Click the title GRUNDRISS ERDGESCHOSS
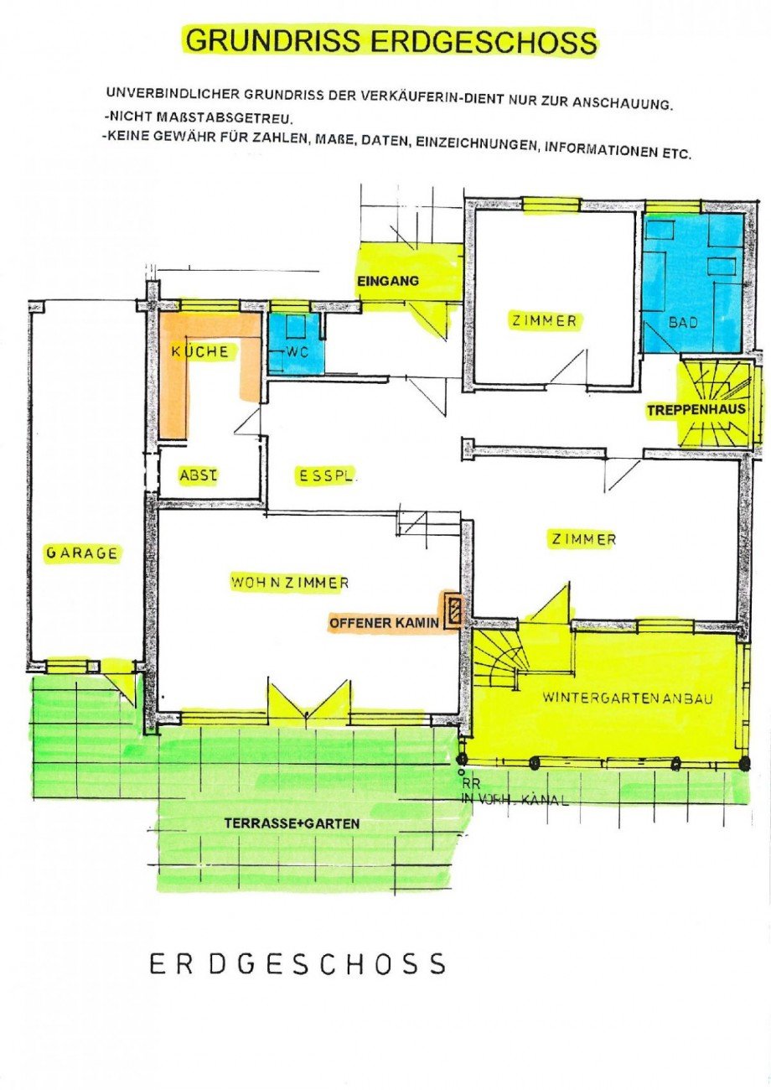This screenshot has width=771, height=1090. tap(391, 41)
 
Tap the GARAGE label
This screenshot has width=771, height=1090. tap(82, 553)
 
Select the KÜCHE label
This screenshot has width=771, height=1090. tap(199, 352)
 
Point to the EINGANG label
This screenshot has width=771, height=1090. tap(387, 281)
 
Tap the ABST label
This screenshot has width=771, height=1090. tap(198, 475)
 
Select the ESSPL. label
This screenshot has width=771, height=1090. tap(328, 475)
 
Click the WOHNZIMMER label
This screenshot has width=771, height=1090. tap(290, 582)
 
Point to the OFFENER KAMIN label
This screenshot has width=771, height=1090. tap(384, 623)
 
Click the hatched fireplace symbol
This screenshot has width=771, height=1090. tap(453, 610)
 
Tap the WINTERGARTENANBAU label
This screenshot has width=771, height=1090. tap(627, 697)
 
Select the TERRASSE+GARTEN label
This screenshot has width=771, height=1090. tap(292, 823)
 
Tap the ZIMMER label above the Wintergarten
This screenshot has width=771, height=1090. tap(583, 539)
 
